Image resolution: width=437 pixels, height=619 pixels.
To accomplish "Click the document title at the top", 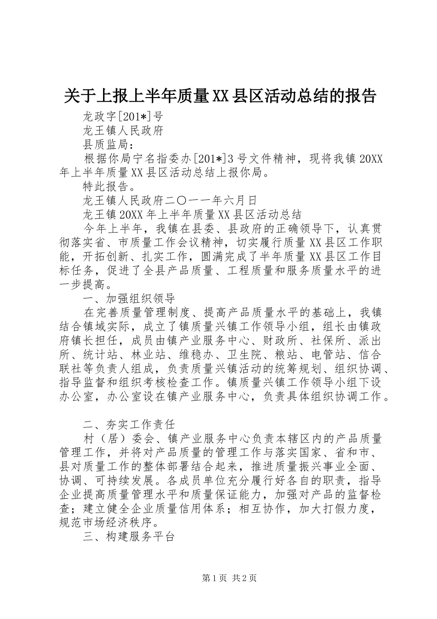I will [219, 95].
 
